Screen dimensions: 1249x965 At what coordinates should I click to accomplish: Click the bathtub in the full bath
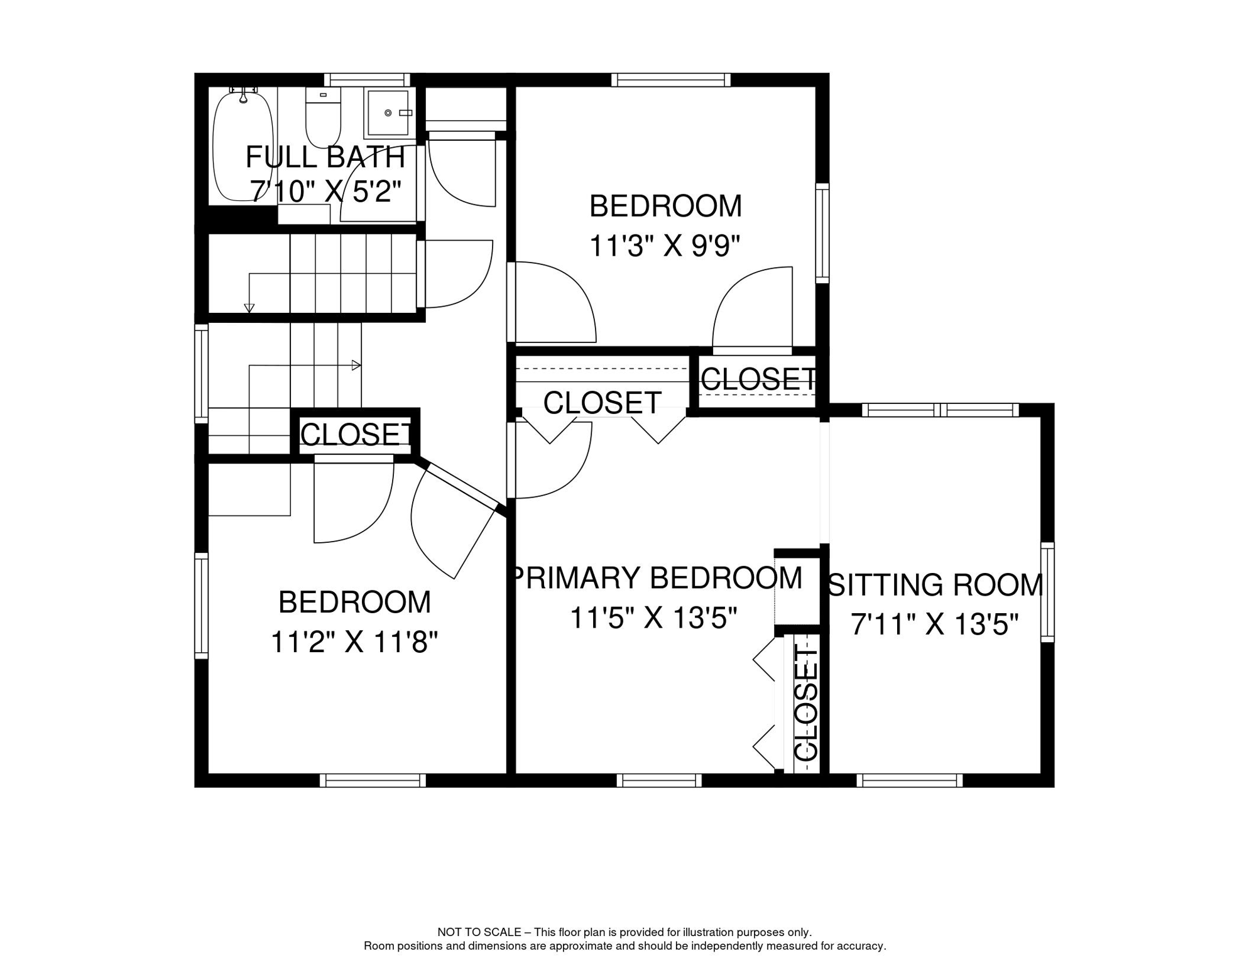point(243,146)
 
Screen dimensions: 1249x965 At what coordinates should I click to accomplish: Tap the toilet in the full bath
point(323,117)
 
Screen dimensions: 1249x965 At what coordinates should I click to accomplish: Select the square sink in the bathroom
point(389,113)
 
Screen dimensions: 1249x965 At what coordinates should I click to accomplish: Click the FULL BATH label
point(325,157)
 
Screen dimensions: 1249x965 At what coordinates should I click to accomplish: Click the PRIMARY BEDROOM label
point(657,578)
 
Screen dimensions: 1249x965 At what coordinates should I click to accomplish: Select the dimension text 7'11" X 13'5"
point(934,624)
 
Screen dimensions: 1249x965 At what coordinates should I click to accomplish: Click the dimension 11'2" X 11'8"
point(354,642)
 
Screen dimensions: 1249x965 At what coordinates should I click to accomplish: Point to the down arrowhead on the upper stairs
point(249,308)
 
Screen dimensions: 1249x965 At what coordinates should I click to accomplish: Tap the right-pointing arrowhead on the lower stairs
point(356,365)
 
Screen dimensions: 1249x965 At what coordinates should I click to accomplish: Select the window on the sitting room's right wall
point(1047,592)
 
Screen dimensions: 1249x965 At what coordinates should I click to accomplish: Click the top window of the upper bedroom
point(671,80)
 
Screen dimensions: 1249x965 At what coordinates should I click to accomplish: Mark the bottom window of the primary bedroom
point(659,780)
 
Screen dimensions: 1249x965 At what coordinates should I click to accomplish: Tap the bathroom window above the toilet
point(367,80)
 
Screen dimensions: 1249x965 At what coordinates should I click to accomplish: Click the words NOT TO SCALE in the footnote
point(479,932)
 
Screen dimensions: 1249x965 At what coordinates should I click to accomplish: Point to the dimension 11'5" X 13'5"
point(653,618)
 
